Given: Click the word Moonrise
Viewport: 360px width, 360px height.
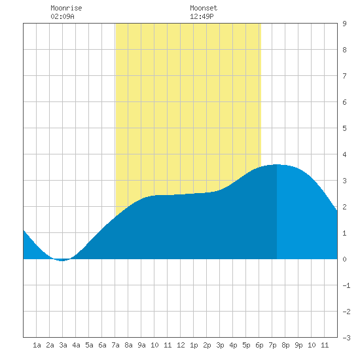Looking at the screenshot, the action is click(66, 8).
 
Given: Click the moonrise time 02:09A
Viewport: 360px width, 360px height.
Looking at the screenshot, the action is click(62, 16).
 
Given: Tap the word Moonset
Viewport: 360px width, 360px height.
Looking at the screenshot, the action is click(204, 8).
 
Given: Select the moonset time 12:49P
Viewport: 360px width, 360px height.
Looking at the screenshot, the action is click(202, 16).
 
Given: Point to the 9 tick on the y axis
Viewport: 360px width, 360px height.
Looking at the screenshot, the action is click(344, 24).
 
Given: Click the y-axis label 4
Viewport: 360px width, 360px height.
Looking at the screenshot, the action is click(344, 154).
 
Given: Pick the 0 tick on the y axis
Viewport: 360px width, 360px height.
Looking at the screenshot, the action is click(344, 259).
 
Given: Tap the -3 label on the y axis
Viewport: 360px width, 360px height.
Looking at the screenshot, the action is click(346, 338).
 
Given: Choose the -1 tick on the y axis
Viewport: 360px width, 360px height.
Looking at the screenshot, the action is click(346, 285).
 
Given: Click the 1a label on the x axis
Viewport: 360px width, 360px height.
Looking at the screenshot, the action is click(37, 345).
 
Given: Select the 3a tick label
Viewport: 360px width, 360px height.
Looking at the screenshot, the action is click(63, 345).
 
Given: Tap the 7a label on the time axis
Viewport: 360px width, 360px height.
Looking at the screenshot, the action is click(115, 345).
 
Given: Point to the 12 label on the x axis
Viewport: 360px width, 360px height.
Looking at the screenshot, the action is click(181, 345).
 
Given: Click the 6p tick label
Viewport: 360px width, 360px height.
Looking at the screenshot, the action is click(259, 345).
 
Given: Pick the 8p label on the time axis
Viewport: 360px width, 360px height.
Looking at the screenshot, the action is click(285, 345).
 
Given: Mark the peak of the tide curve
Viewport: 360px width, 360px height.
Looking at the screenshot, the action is click(277, 164).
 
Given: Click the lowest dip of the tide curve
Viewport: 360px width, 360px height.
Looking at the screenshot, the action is click(62, 261).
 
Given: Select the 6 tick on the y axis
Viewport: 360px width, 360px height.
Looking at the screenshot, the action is click(344, 102).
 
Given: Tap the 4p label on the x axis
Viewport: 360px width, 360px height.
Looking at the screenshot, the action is click(233, 345).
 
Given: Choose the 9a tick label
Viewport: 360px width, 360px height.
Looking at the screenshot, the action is click(141, 345).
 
